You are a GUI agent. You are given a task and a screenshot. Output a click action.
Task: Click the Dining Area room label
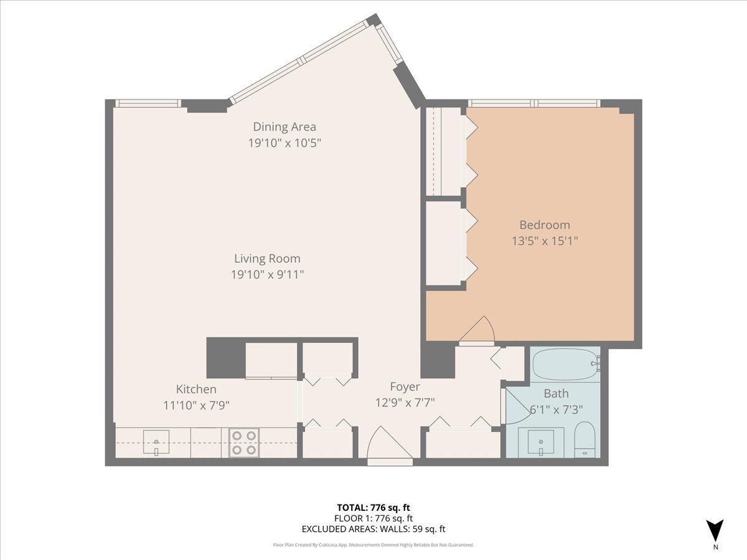[x=284, y=127]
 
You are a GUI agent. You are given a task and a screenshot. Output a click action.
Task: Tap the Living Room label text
[x=267, y=259]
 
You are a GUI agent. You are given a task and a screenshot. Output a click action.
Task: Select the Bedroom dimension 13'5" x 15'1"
[x=545, y=241]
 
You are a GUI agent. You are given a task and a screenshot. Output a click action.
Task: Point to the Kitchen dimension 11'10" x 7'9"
[x=196, y=405]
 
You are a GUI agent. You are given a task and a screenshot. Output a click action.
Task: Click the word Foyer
[x=405, y=387]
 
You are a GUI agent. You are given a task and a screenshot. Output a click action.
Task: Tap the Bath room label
[x=556, y=393]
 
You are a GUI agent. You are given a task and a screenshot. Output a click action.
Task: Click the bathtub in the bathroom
[x=566, y=364]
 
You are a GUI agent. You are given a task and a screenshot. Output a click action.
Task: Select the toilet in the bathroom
[x=585, y=440]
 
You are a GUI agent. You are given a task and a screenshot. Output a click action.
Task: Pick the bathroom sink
[x=541, y=442]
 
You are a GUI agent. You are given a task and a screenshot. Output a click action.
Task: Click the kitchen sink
[x=156, y=442]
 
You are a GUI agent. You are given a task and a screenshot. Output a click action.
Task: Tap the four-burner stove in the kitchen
[x=244, y=442]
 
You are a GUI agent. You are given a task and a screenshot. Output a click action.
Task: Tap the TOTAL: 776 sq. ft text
[x=374, y=508]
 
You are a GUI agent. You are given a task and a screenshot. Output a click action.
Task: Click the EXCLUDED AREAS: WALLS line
[x=374, y=529]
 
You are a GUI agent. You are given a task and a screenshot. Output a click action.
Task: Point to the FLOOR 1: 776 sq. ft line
[x=374, y=518]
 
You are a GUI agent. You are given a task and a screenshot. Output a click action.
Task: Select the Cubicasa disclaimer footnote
[x=374, y=545]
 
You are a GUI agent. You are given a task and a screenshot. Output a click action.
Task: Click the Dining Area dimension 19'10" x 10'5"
[x=284, y=143]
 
